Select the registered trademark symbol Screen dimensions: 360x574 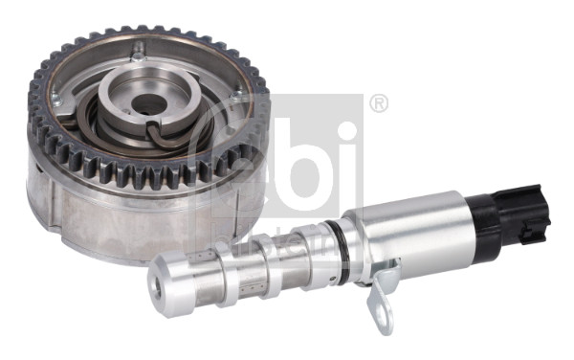[x=379, y=103]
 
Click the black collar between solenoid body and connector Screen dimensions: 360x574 [x=484, y=225]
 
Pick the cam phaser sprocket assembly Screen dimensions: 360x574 [x=143, y=144]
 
